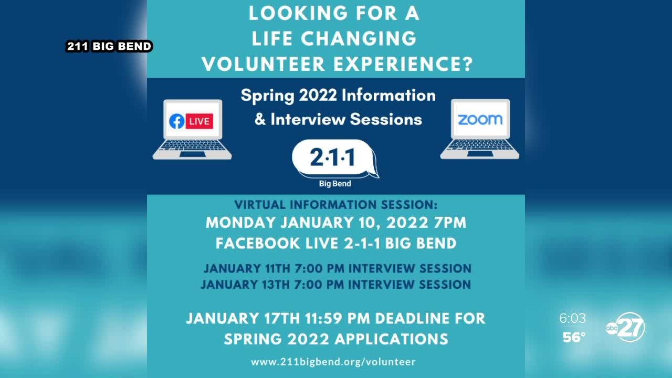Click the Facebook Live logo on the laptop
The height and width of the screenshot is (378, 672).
click(x=191, y=121)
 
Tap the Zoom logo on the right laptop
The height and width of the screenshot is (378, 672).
click(x=480, y=120)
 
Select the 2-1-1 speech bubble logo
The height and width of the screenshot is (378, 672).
click(x=335, y=159)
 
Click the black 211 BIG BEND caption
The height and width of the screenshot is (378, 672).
click(x=109, y=46)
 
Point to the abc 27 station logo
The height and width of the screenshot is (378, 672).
click(x=626, y=327)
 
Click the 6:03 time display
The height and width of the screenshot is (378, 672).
click(x=572, y=318)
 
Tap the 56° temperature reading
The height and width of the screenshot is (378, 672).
click(x=574, y=338)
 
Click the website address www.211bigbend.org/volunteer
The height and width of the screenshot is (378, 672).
click(x=333, y=362)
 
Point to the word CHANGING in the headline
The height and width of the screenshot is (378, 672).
click(x=359, y=38)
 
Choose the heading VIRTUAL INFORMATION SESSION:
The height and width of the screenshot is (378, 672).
click(x=335, y=205)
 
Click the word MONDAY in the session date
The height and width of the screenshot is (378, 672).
click(x=241, y=223)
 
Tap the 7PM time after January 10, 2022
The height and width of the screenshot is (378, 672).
click(x=450, y=223)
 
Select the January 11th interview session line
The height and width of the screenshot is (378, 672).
click(x=338, y=268)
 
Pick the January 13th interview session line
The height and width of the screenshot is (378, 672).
click(x=335, y=285)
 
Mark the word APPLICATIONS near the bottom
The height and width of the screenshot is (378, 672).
click(x=391, y=339)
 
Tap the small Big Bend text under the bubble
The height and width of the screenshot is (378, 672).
click(x=335, y=184)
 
